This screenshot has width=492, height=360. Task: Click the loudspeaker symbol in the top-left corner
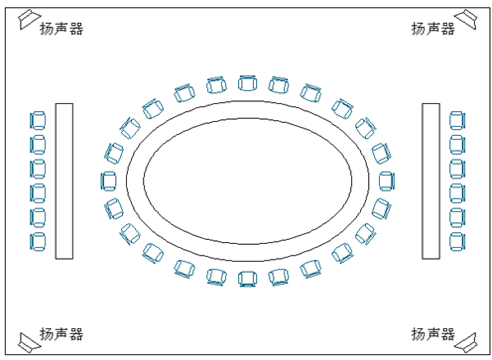(x=28, y=19)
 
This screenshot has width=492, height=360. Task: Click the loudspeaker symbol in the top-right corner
(x=466, y=19)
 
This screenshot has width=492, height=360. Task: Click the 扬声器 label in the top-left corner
(x=61, y=29)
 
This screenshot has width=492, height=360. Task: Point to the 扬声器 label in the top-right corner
(x=432, y=29)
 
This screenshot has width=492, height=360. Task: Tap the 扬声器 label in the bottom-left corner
(x=61, y=334)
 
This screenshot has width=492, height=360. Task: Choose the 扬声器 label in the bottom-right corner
(x=432, y=334)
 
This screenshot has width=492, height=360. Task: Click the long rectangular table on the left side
(x=64, y=181)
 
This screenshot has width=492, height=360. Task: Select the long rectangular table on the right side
(x=430, y=181)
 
